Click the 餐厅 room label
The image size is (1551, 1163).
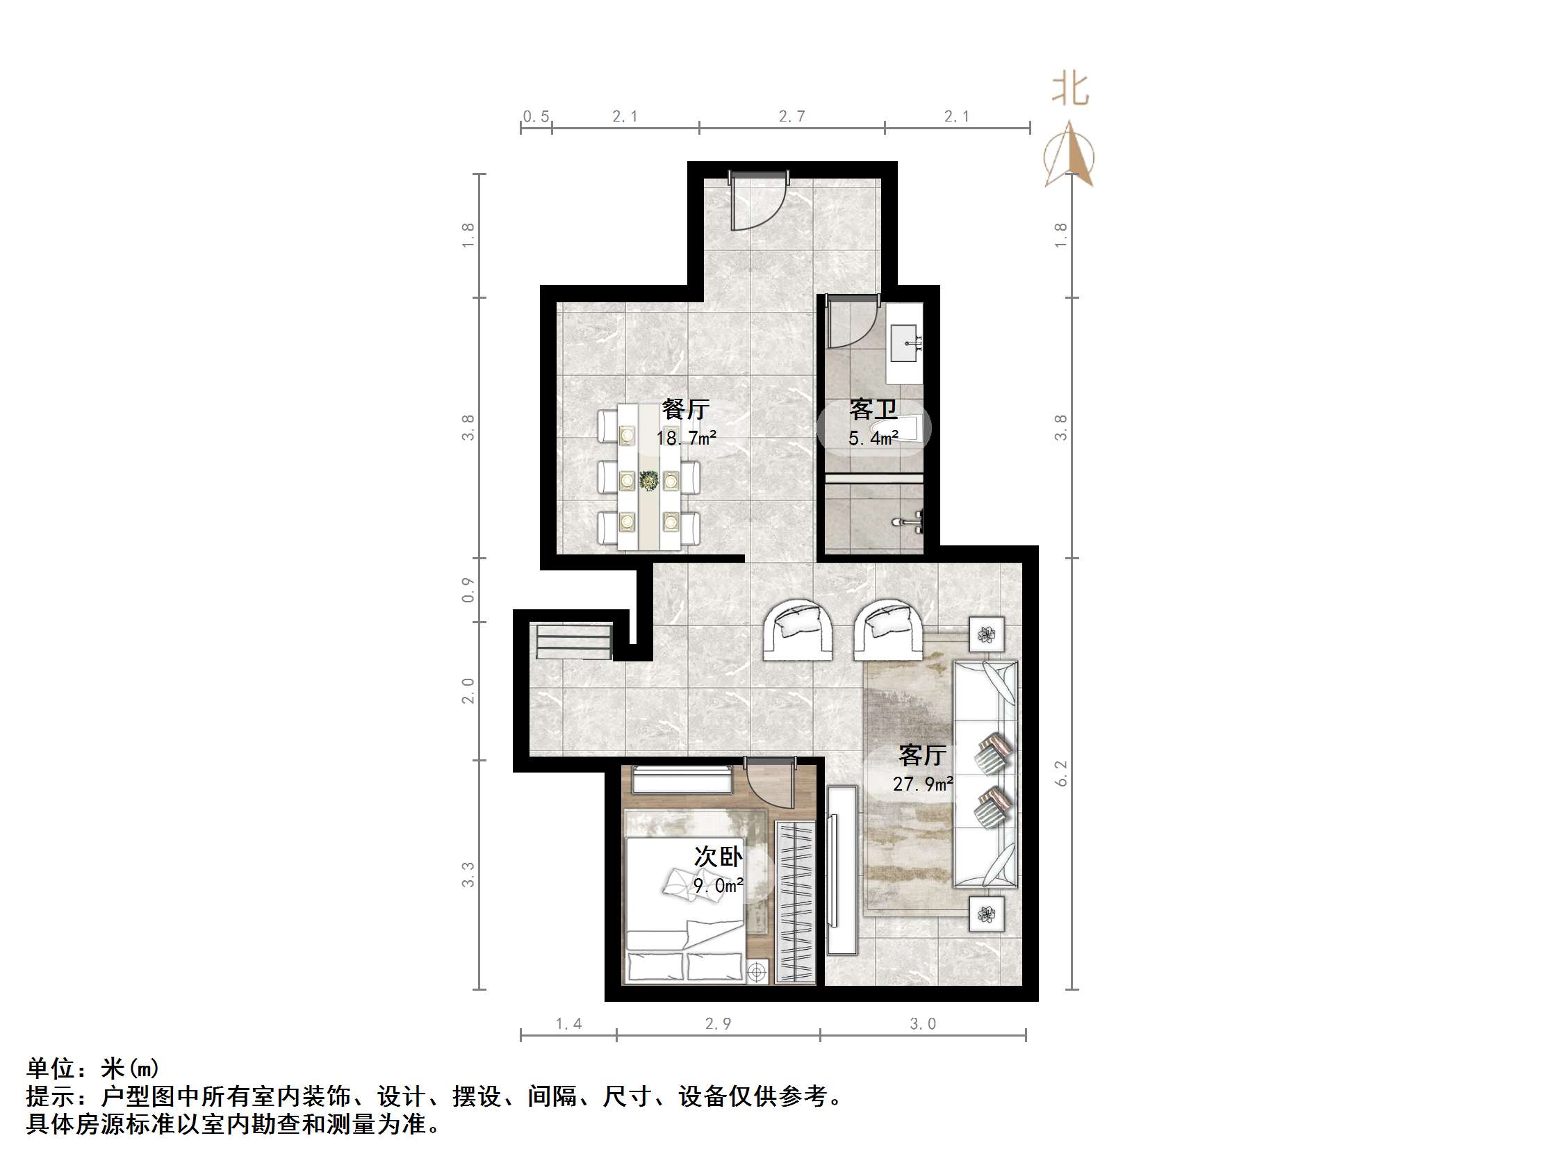pyautogui.click(x=685, y=409)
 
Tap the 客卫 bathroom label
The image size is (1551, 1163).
pyautogui.click(x=873, y=409)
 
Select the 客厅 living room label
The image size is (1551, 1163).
pyautogui.click(x=922, y=755)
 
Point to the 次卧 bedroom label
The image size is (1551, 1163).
pyautogui.click(x=718, y=857)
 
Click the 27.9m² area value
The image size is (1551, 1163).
pyautogui.click(x=922, y=784)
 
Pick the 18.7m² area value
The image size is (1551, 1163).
pyautogui.click(x=686, y=438)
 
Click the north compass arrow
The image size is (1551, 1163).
pyautogui.click(x=1069, y=154)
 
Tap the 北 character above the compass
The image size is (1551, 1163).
pyautogui.click(x=1070, y=90)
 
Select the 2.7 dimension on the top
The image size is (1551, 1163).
pyautogui.click(x=791, y=117)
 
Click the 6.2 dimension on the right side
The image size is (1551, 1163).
pyautogui.click(x=1060, y=773)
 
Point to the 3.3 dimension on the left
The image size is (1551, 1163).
pyautogui.click(x=468, y=874)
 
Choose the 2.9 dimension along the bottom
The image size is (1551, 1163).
pyautogui.click(x=718, y=1023)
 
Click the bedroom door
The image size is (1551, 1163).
pyautogui.click(x=770, y=785)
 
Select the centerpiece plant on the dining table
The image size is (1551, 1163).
pyautogui.click(x=648, y=480)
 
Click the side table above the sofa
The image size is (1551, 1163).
pyautogui.click(x=987, y=634)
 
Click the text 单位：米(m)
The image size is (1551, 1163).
pyautogui.click(x=93, y=1068)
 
